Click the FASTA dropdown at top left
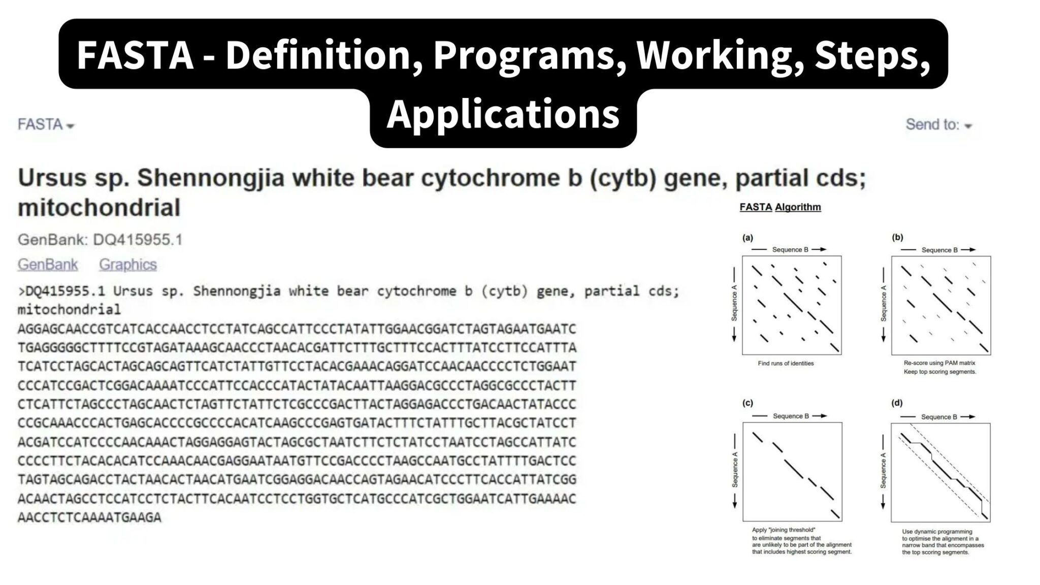[x=45, y=125]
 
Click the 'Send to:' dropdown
[x=938, y=125]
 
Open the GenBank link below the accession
[x=48, y=265]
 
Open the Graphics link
[x=127, y=265]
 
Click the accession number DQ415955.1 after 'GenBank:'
[x=138, y=240]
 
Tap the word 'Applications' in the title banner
[x=503, y=114]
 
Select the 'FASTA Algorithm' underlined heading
[x=780, y=207]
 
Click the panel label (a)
[x=747, y=238]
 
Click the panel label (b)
[x=897, y=237]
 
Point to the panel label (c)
[x=747, y=403]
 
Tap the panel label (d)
[x=897, y=403]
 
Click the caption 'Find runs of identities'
[x=786, y=364]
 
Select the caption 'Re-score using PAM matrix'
[x=939, y=363]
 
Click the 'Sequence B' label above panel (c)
[x=791, y=416]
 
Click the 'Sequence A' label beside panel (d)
[x=884, y=471]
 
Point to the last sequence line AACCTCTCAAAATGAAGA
[x=89, y=518]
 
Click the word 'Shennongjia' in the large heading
[x=211, y=178]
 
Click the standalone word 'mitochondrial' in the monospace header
[x=69, y=310]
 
